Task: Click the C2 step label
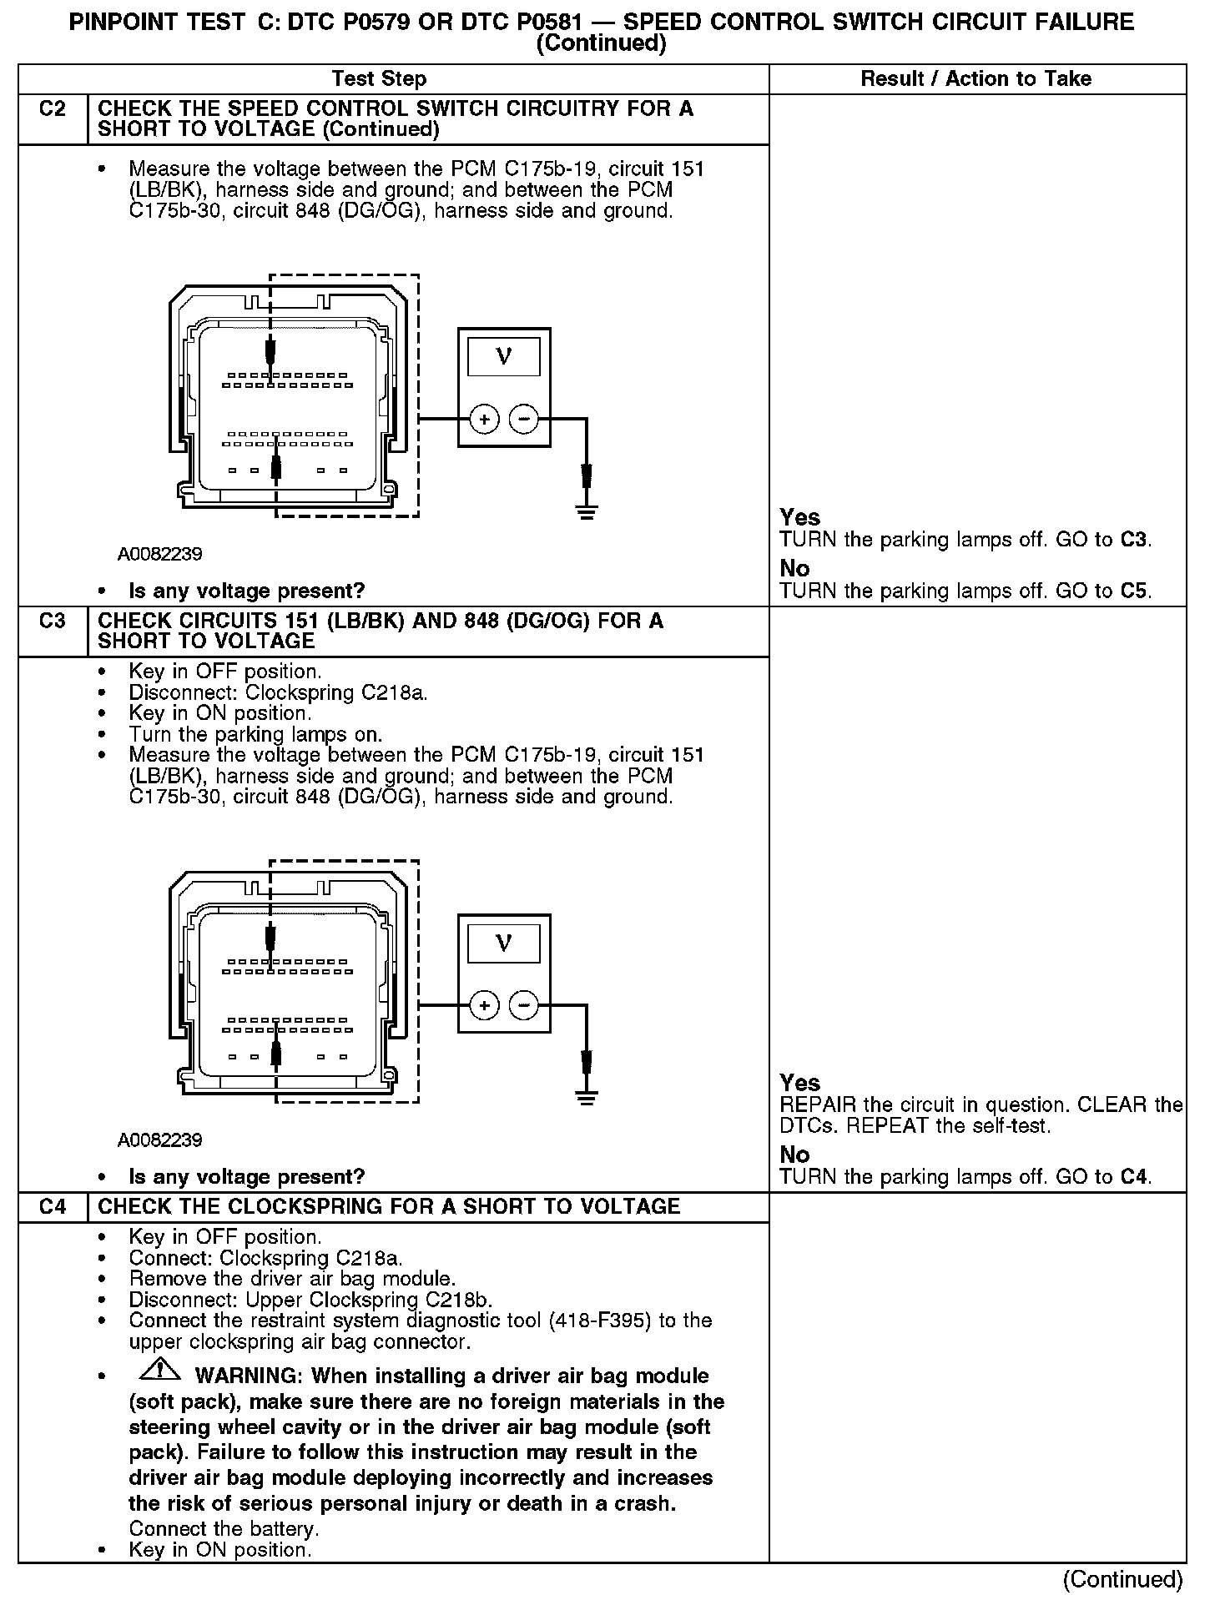tap(52, 109)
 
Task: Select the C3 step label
tap(52, 621)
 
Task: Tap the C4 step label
tap(52, 1207)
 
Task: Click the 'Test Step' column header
tap(379, 79)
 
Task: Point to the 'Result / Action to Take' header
tap(976, 79)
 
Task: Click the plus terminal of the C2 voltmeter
tap(484, 419)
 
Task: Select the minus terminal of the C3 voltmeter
tap(524, 1005)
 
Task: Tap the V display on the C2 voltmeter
tap(503, 357)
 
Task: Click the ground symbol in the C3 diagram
tap(587, 1099)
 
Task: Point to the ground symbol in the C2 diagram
tap(587, 512)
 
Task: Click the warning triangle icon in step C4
tap(160, 1369)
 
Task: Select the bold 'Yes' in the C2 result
tap(799, 517)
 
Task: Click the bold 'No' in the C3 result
tap(794, 1155)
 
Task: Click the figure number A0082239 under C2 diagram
tap(159, 554)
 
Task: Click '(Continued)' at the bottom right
tap(1122, 1579)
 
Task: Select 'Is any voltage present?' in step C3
tap(247, 1177)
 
